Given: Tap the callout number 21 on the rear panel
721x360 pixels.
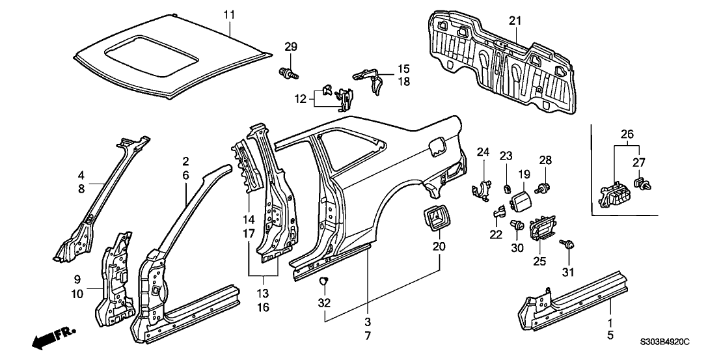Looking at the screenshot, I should [515, 21].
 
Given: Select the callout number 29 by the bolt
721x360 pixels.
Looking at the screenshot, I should [290, 46].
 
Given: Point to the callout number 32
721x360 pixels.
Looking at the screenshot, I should [325, 302].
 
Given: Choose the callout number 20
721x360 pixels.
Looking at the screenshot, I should [438, 247].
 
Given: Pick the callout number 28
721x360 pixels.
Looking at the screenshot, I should [545, 160].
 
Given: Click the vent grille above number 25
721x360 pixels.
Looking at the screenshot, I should [544, 228].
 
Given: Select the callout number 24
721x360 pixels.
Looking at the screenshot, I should [482, 152].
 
